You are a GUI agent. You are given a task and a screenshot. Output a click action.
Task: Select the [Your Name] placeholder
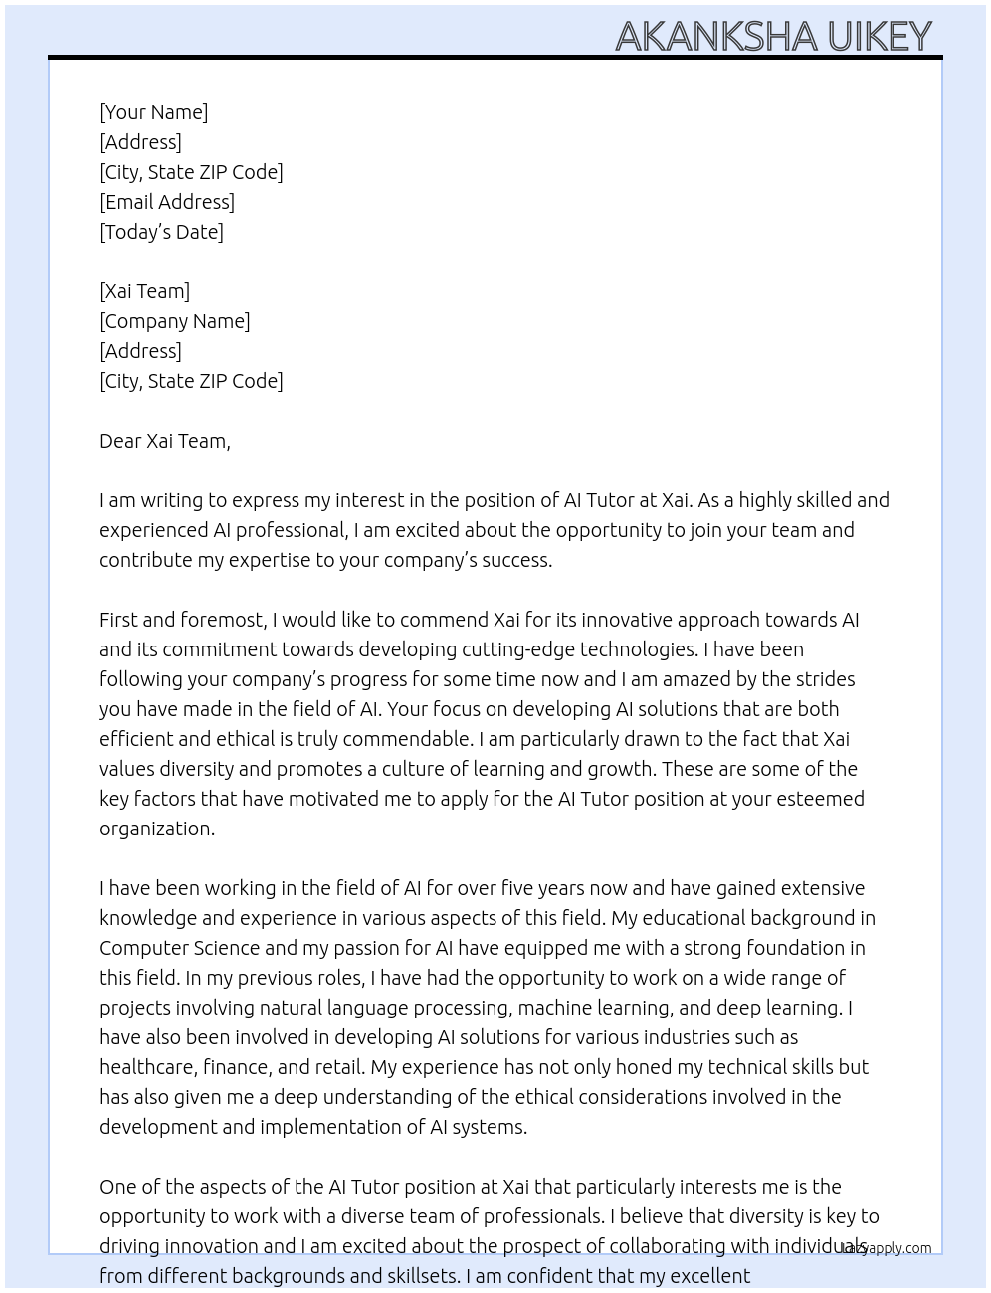(x=154, y=112)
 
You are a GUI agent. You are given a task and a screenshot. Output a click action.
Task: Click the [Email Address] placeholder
(x=167, y=202)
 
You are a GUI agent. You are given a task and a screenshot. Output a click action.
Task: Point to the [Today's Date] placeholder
(x=161, y=232)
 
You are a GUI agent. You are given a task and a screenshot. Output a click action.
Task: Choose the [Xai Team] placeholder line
(x=145, y=291)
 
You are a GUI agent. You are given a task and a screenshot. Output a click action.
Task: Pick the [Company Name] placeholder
(x=175, y=321)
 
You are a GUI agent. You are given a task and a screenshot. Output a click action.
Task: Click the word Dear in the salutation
(x=120, y=441)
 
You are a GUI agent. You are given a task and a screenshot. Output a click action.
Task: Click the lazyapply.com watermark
(x=886, y=1248)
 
